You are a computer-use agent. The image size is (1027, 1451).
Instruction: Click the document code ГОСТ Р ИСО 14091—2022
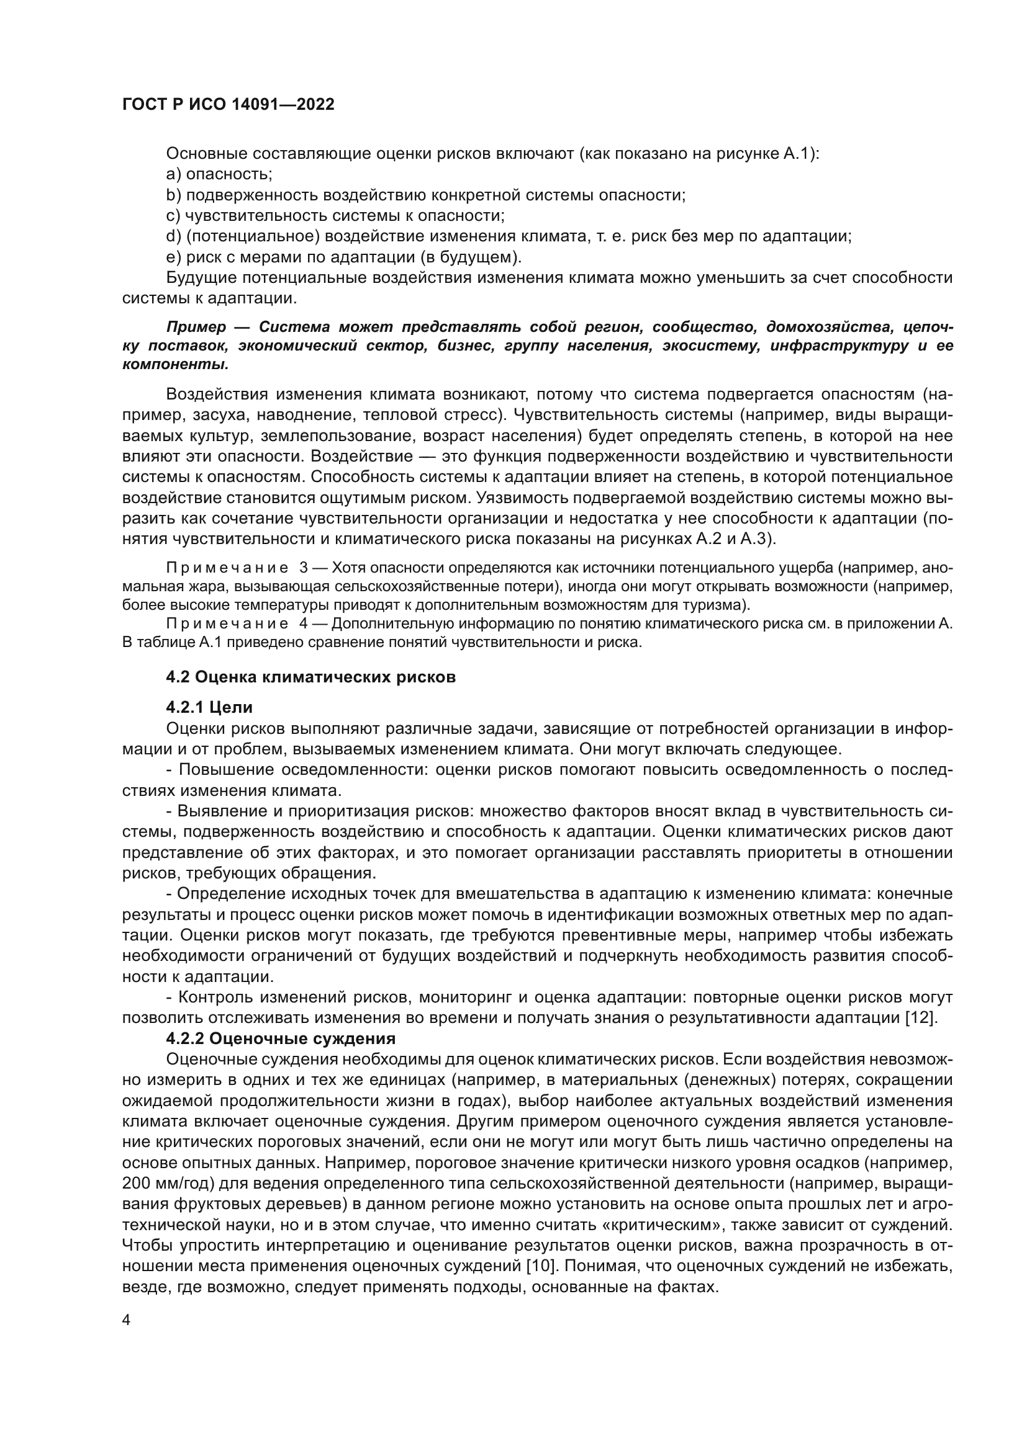228,104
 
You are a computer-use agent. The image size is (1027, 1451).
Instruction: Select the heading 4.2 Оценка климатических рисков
310,677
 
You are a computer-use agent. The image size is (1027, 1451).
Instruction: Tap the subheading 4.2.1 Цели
209,707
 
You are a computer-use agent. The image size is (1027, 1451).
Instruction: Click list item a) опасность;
219,174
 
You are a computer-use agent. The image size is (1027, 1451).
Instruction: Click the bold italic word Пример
196,327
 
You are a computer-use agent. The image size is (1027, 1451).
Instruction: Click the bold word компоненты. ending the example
175,365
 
